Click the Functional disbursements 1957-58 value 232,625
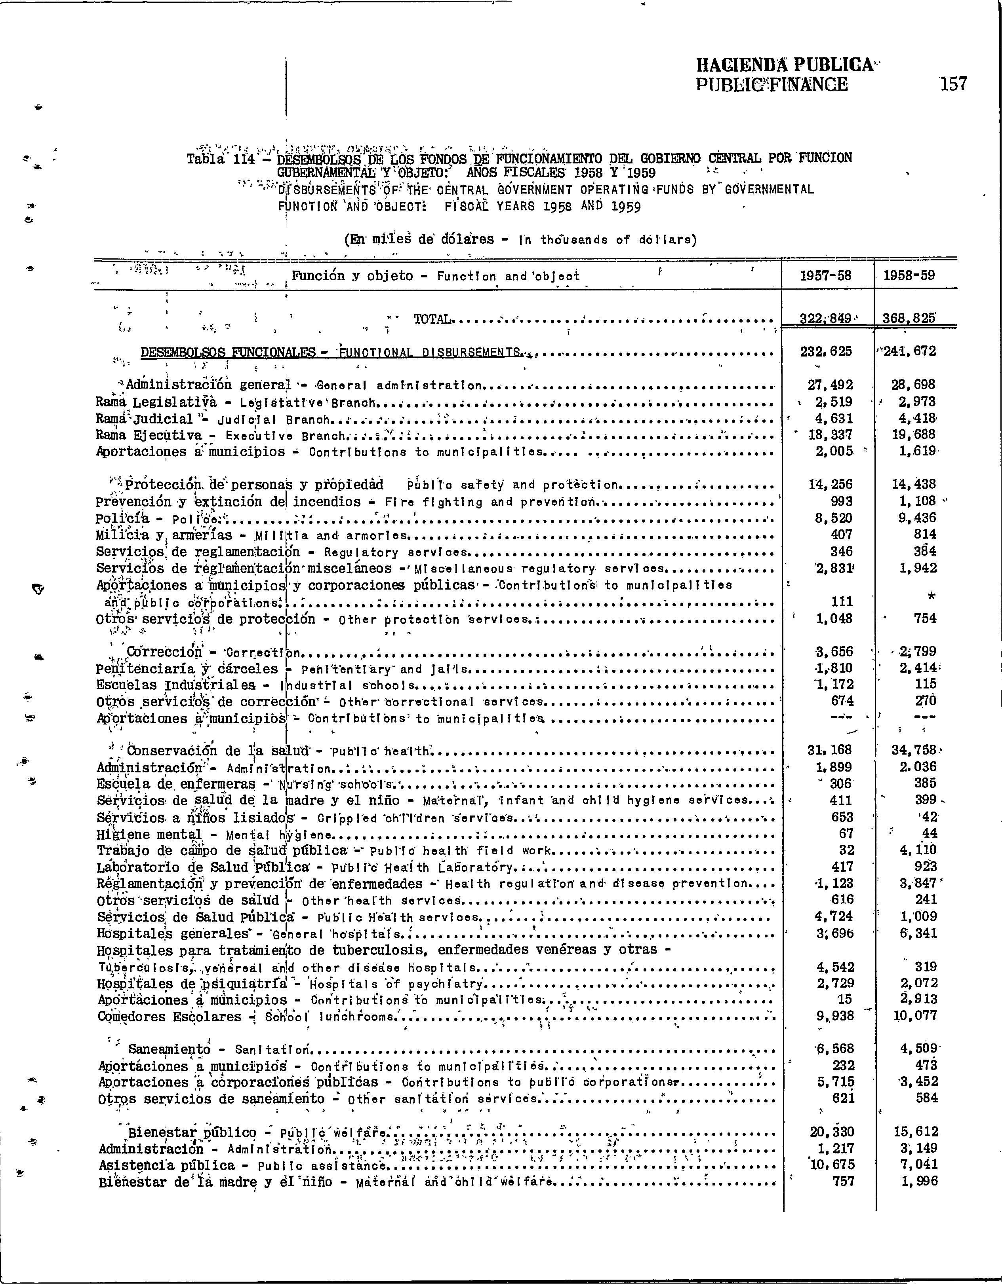[827, 352]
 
